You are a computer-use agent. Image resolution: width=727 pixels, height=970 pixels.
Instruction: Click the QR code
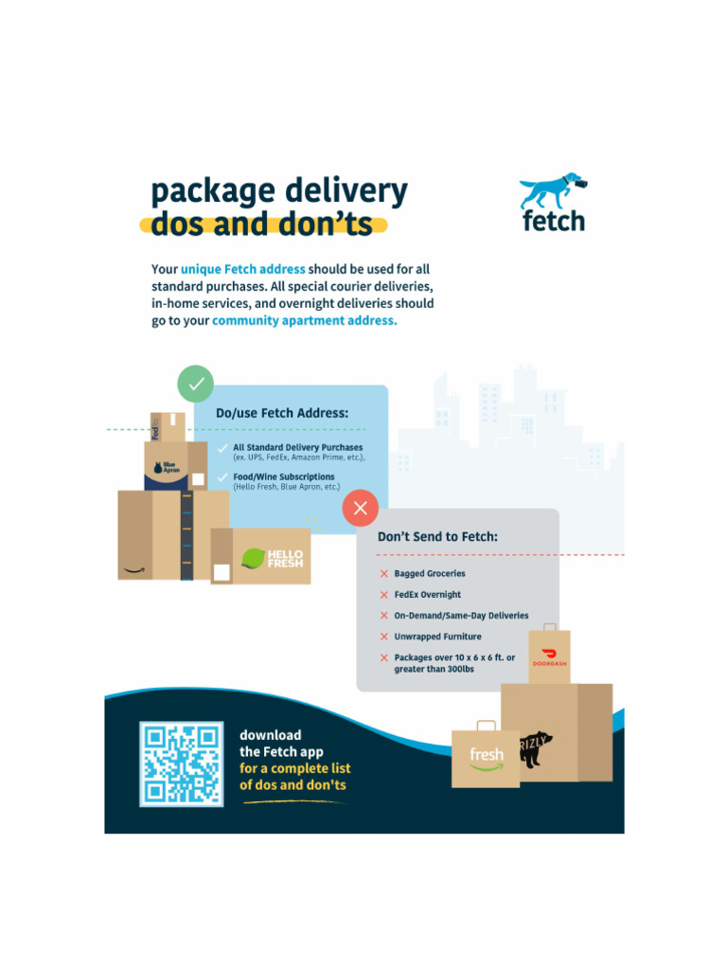182,763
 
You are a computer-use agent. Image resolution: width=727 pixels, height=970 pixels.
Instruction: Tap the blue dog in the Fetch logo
551,191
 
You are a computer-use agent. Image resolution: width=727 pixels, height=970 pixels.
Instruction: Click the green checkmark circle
196,384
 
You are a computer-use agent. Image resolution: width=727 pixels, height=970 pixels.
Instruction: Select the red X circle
360,508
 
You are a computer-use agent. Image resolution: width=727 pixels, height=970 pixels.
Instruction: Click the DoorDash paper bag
549,656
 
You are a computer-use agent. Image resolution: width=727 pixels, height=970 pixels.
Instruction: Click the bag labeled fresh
486,757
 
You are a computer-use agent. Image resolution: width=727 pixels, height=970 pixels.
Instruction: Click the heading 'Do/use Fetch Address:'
282,413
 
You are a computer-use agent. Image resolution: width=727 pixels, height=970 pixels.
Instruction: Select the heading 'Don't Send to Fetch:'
437,536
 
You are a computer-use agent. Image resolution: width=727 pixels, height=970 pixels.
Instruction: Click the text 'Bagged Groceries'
430,574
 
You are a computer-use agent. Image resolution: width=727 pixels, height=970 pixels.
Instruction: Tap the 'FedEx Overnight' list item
428,595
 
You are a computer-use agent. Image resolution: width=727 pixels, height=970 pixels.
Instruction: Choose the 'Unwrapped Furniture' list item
437,637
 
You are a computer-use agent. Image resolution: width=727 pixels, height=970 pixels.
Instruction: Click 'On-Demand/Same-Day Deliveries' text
461,616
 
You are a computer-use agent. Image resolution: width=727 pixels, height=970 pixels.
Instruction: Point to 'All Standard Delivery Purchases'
298,447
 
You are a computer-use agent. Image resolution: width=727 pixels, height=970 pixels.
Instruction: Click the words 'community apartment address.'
305,320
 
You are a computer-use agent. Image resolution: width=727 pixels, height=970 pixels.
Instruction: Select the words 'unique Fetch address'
243,269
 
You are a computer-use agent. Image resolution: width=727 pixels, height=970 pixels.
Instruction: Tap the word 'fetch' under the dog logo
554,222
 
